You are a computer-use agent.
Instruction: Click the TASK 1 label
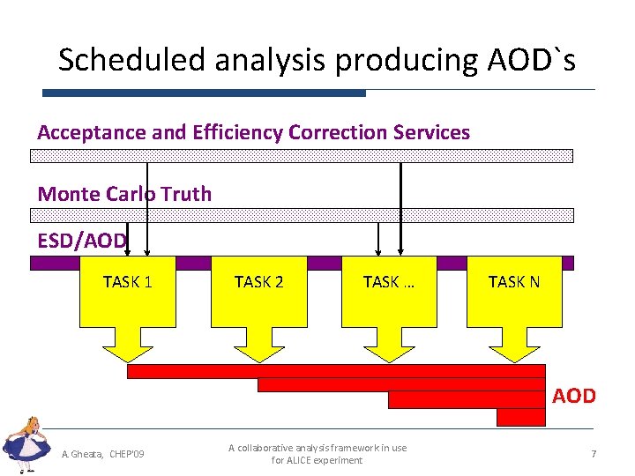tap(128, 282)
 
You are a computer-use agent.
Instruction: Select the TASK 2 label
tap(258, 282)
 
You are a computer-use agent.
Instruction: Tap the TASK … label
tap(388, 282)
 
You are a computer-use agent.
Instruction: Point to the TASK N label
tap(514, 282)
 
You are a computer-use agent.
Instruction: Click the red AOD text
tap(574, 396)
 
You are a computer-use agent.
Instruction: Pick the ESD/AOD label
tap(82, 241)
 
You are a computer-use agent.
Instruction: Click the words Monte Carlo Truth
tap(124, 194)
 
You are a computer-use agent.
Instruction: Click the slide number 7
tap(594, 454)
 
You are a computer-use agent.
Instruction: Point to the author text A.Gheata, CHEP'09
tap(103, 454)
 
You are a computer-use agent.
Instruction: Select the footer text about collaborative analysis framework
tap(317, 454)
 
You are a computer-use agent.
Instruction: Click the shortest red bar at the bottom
tap(520, 417)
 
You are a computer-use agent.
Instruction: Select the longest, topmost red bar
tap(335, 371)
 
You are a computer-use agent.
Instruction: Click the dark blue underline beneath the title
tap(204, 93)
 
